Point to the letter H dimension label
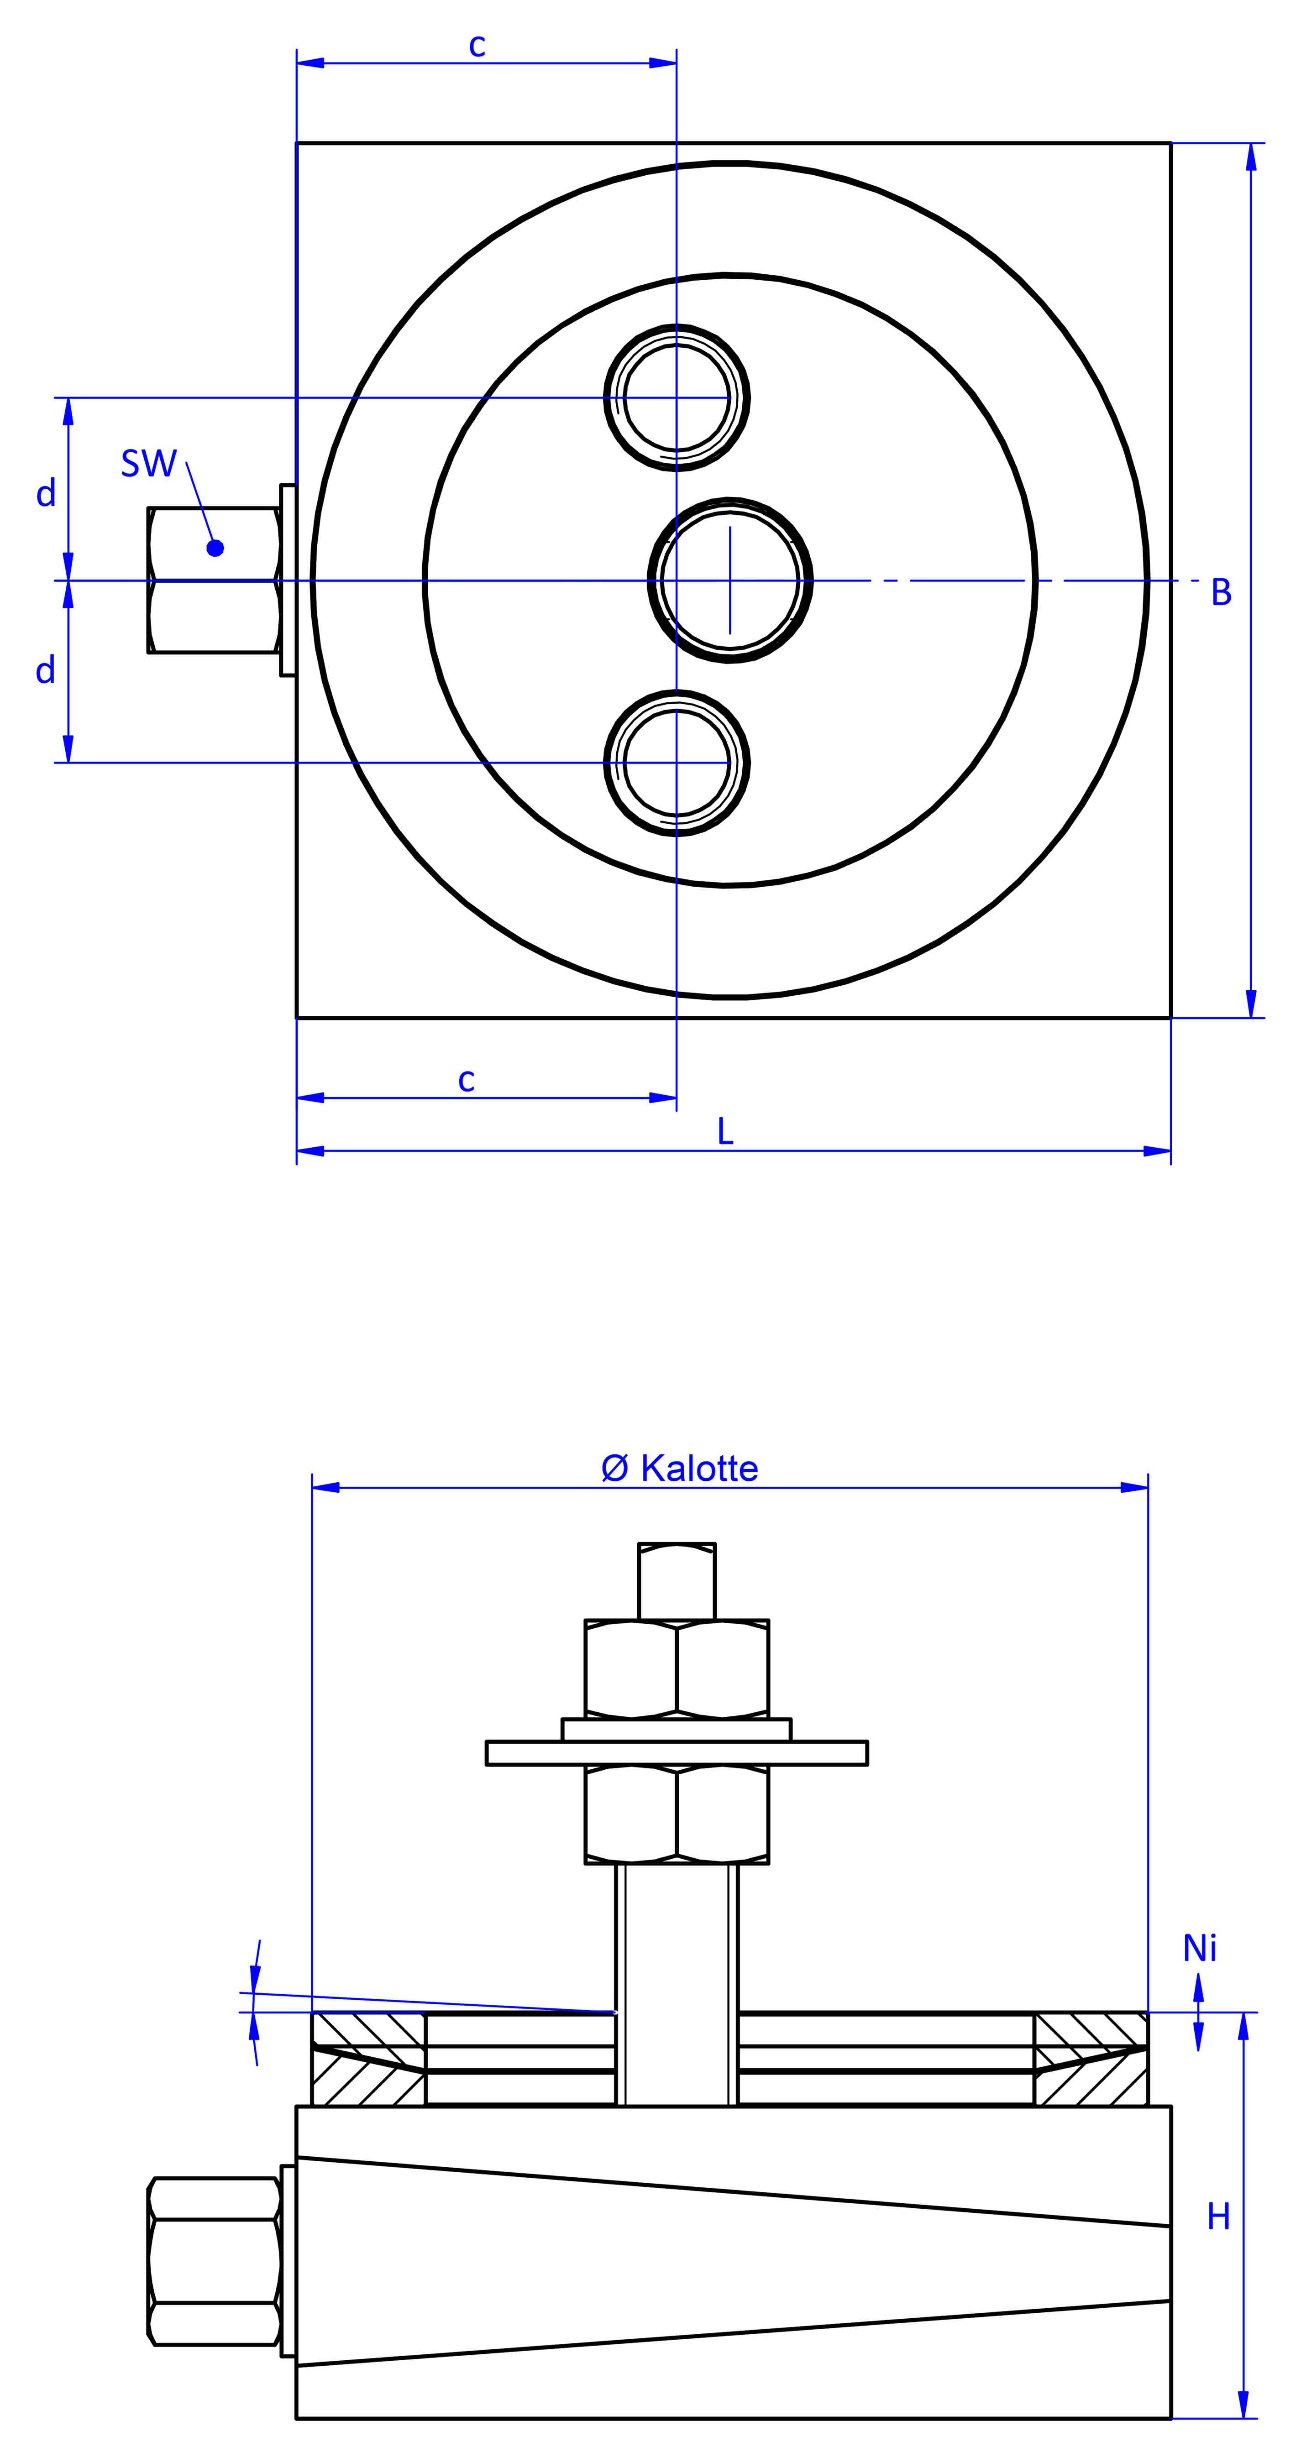pyautogui.click(x=1218, y=2217)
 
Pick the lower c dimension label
pyautogui.click(x=467, y=1080)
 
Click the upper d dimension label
pyautogui.click(x=46, y=493)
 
